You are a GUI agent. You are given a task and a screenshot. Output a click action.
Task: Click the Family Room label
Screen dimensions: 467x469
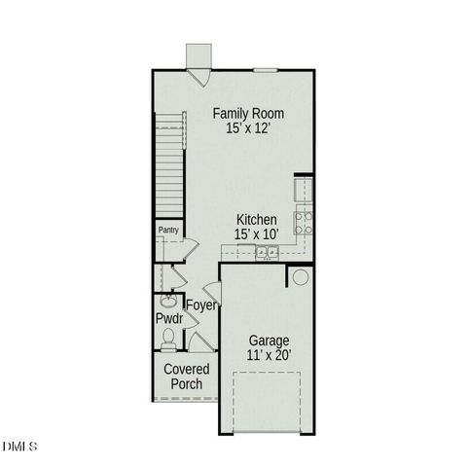tap(249, 114)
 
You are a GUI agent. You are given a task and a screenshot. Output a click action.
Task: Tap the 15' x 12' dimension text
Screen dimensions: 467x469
tap(248, 129)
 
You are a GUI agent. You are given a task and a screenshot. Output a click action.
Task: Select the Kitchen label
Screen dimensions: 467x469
tap(256, 220)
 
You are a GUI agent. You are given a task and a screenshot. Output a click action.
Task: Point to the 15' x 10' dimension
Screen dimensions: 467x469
tap(256, 234)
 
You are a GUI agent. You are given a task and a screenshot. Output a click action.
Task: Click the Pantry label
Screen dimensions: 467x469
tap(168, 231)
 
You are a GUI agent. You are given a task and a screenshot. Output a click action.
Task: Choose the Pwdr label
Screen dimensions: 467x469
tap(169, 318)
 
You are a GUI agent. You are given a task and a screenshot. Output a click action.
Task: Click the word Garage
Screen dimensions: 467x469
tap(269, 341)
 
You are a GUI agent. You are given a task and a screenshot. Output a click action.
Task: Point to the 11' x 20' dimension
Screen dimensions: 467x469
tap(269, 356)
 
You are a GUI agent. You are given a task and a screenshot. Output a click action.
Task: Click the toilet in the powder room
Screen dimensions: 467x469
tap(168, 340)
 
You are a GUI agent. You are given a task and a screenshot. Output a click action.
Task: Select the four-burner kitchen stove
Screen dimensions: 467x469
tap(304, 223)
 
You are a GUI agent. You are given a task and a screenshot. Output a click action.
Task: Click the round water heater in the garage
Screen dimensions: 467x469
tap(300, 278)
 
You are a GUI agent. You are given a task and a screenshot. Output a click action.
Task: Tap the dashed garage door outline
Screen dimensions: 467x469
tap(267, 402)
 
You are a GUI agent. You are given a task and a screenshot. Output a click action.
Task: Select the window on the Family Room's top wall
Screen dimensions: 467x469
tap(267, 69)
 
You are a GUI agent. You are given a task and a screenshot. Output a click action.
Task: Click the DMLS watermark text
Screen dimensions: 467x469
tap(19, 447)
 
